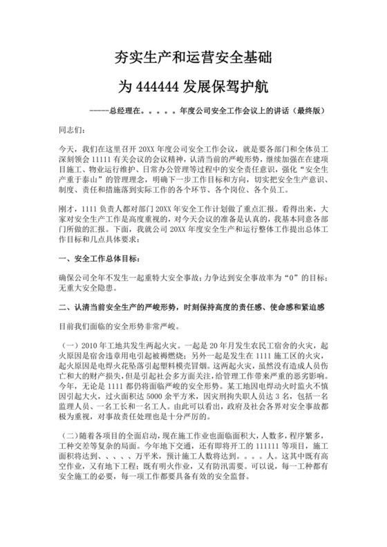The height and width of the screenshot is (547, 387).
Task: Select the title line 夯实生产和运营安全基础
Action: pyautogui.click(x=193, y=58)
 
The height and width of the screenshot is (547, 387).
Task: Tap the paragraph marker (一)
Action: pyautogui.click(x=71, y=343)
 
